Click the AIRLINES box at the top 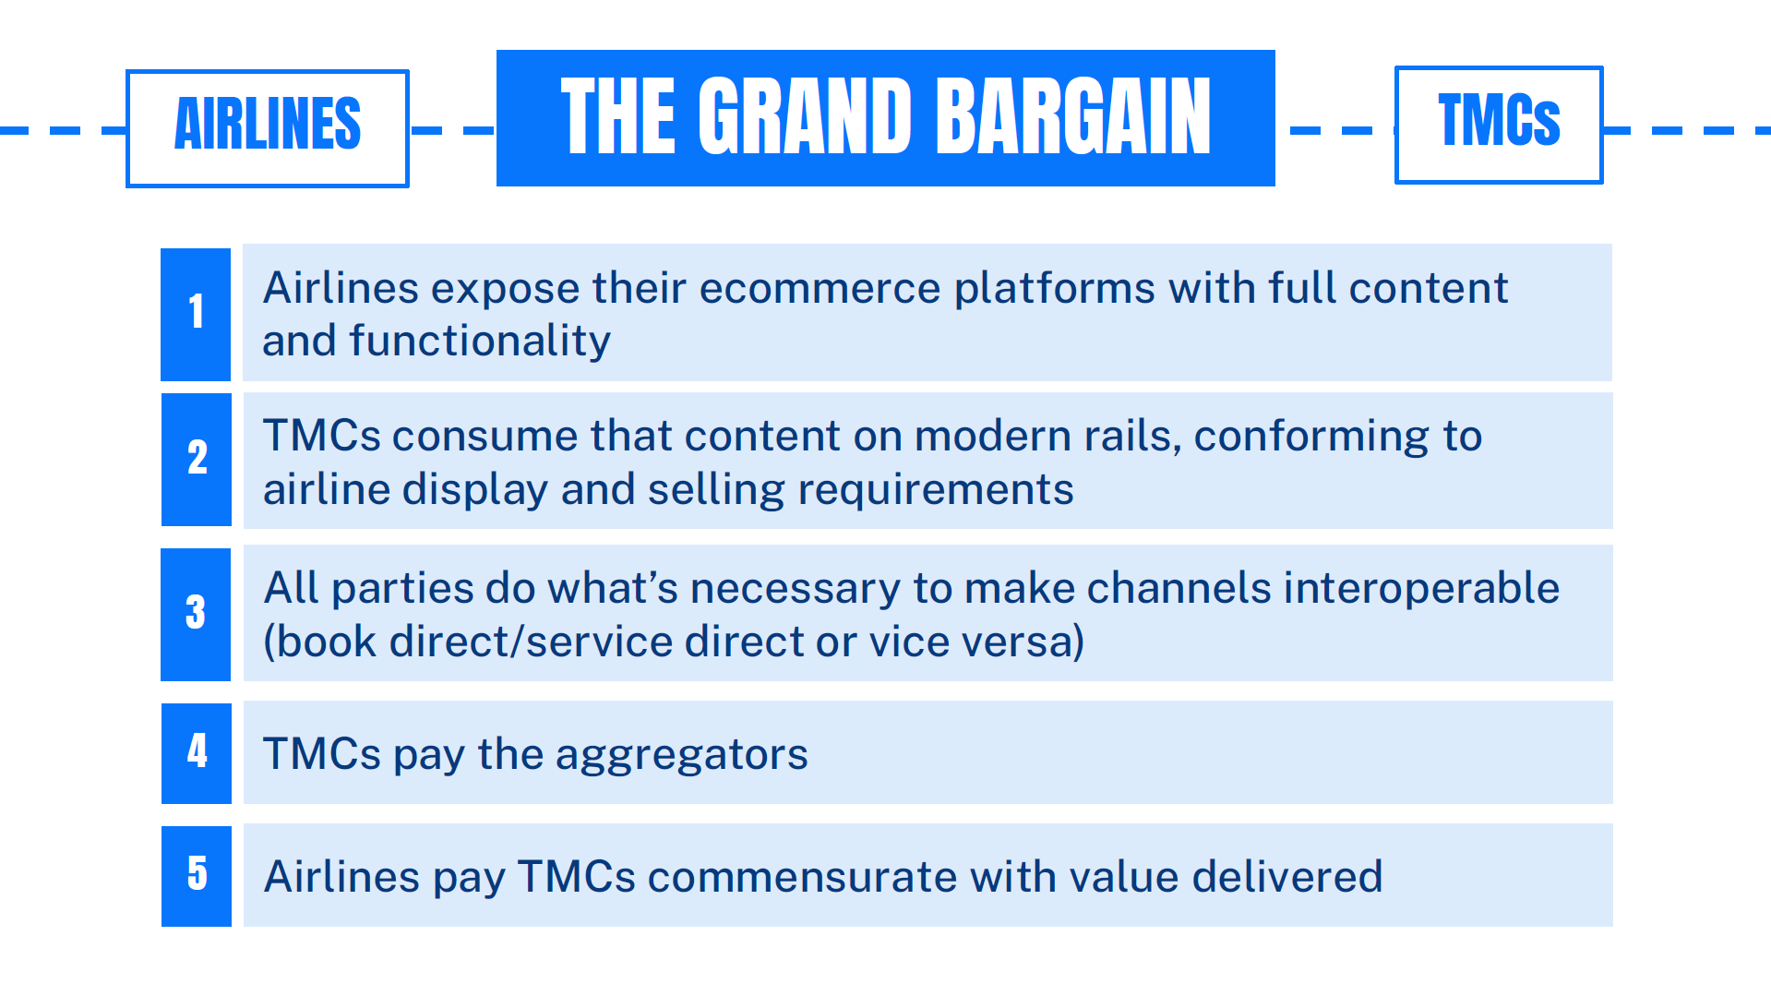268,128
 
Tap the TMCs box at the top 1499,125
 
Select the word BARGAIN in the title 1073,116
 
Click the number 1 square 196,314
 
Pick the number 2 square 197,460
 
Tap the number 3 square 196,614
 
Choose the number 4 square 197,753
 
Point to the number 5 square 197,876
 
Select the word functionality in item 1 480,341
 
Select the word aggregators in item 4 682,756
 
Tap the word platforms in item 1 1055,289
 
